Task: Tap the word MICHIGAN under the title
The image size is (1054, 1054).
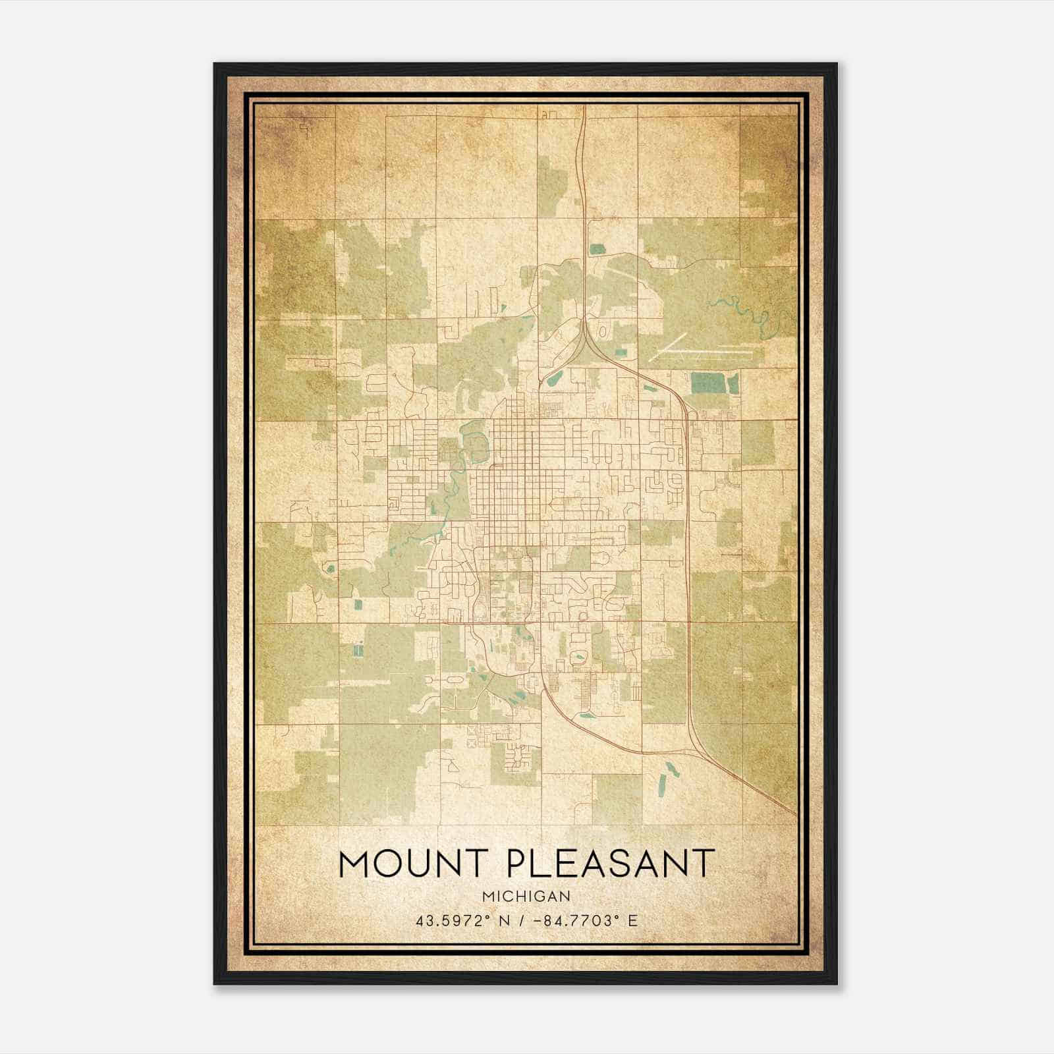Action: click(x=526, y=897)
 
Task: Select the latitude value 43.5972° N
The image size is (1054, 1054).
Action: click(x=457, y=921)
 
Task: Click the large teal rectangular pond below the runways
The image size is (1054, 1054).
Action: click(x=706, y=382)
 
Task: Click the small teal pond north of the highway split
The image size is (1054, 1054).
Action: click(x=597, y=249)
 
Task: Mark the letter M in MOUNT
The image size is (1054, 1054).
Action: click(x=352, y=864)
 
